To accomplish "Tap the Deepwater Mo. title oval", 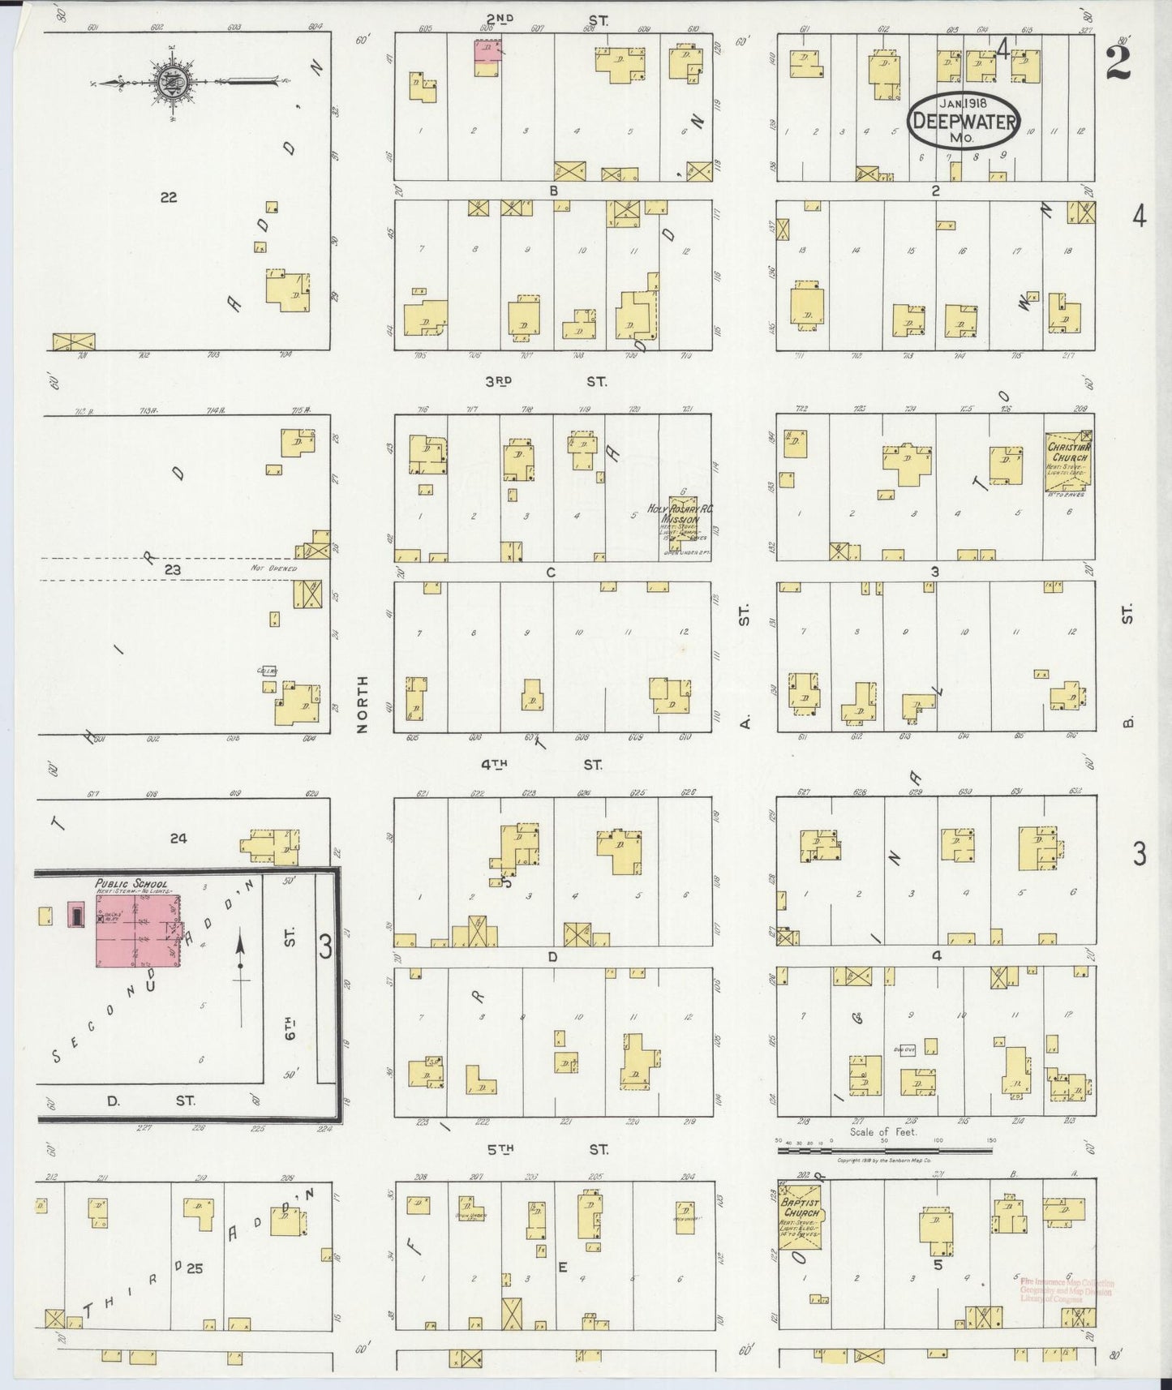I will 964,119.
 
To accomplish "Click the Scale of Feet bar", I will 884,1144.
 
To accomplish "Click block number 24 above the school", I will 178,838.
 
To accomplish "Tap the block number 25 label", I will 194,1269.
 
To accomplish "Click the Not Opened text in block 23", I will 273,568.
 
